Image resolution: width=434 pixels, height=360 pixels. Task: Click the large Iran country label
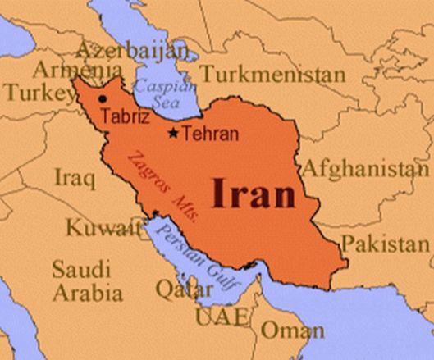(253, 194)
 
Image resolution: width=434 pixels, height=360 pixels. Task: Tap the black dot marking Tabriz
(103, 99)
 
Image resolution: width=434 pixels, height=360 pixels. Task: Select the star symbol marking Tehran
(173, 133)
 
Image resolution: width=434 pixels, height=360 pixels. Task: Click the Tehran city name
(210, 134)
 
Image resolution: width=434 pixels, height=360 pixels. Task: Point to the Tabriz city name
(128, 116)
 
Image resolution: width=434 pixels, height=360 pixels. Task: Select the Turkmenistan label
(272, 75)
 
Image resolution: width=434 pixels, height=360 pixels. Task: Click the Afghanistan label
(366, 170)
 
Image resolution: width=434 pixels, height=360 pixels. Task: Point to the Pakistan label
(386, 244)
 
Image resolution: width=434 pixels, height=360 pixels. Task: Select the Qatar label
(177, 288)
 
